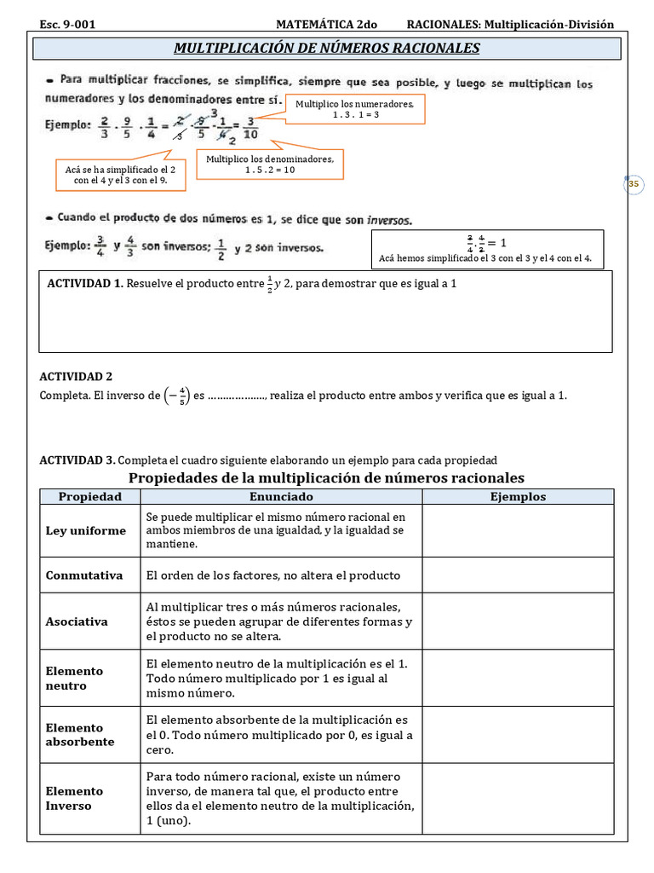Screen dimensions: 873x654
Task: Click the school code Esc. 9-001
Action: (67, 25)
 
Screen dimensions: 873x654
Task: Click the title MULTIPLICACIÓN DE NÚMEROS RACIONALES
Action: (327, 48)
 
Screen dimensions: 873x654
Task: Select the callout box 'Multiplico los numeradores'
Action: (342, 109)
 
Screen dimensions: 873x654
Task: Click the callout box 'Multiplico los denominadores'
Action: (270, 165)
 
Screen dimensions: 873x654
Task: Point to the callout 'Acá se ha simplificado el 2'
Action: (120, 176)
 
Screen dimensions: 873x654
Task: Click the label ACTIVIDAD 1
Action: (85, 283)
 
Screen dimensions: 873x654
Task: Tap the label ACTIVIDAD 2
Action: (77, 376)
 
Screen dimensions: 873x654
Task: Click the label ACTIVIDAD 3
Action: (77, 460)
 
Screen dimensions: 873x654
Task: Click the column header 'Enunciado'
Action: (281, 497)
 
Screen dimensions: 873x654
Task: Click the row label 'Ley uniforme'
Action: (85, 531)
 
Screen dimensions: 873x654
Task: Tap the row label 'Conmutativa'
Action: (84, 575)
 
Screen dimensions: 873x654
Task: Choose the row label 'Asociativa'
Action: (77, 622)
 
